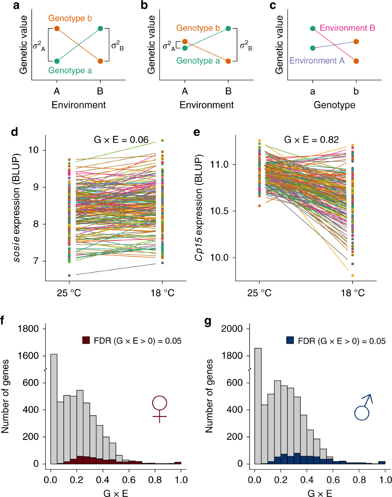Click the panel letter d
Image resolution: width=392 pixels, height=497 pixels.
point(14,132)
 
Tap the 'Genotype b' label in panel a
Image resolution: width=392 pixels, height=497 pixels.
point(70,18)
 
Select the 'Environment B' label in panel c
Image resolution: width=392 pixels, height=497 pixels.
point(347,28)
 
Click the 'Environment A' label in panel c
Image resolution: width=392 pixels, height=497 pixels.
point(317,61)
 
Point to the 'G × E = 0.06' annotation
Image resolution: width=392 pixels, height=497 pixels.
point(121,140)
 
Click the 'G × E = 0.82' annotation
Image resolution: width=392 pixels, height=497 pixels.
point(311,140)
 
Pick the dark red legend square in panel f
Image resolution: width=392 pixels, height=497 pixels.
point(86,341)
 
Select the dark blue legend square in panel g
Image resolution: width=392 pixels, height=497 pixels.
point(290,341)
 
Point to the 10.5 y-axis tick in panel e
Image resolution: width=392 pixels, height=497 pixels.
point(219,211)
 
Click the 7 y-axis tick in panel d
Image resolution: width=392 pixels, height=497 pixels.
point(36,261)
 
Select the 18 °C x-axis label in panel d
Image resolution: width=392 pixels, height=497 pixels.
point(162,293)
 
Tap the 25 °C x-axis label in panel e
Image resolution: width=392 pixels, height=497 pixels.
point(259,293)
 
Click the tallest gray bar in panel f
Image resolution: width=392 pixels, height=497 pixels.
point(54,408)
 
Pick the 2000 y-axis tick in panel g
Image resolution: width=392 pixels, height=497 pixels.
point(232,329)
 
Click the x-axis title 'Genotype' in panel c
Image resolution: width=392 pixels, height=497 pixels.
point(334,105)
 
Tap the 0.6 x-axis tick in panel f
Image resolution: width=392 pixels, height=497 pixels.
point(129,480)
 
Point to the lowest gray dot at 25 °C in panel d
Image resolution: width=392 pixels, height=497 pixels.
point(69,276)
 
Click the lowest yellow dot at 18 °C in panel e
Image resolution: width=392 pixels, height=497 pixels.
point(352,276)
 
